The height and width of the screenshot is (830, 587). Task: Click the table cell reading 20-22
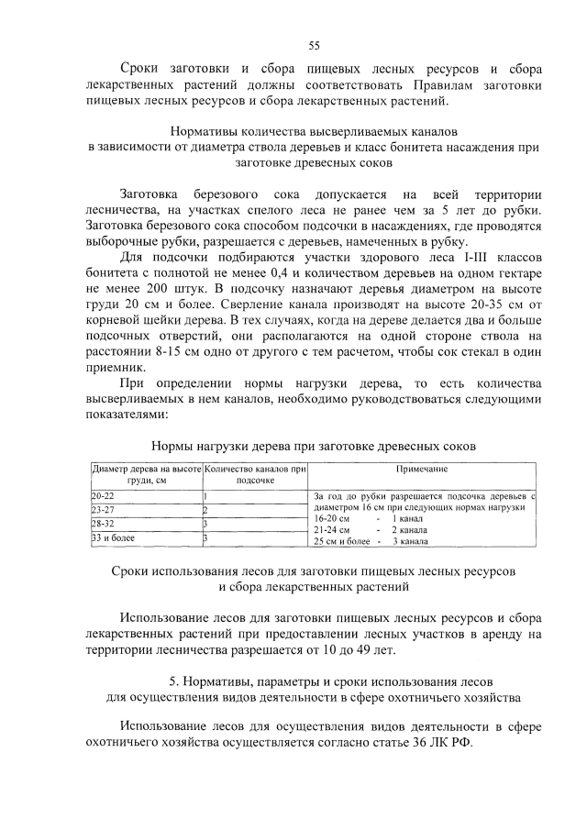(100, 496)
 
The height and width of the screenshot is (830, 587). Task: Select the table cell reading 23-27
(101, 510)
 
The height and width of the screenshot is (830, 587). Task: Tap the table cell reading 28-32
(101, 524)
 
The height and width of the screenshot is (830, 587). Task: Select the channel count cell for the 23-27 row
(205, 510)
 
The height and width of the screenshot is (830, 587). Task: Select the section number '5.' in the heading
(175, 681)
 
